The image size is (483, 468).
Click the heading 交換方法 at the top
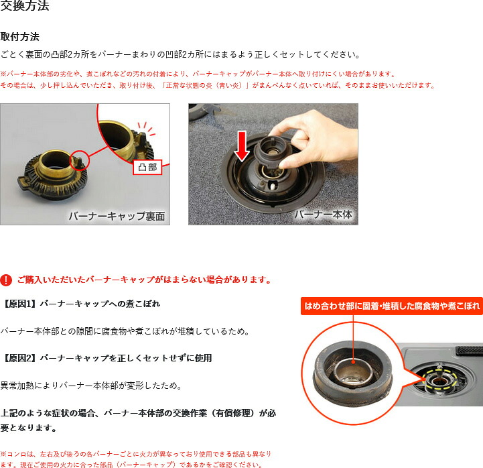pyautogui.click(x=25, y=5)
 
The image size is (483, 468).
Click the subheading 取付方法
pyautogui.click(x=19, y=37)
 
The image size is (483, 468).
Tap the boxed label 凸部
pyautogui.click(x=147, y=168)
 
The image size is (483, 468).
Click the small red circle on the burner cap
pyautogui.click(x=79, y=160)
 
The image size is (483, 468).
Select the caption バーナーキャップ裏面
pyautogui.click(x=117, y=216)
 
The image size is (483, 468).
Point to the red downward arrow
pyautogui.click(x=242, y=146)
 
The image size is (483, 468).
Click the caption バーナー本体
pyautogui.click(x=323, y=215)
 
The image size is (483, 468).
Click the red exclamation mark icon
pyautogui.click(x=6, y=280)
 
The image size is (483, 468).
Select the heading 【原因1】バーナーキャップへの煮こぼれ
pyautogui.click(x=80, y=304)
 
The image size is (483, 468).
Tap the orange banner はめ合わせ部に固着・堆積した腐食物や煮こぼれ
pyautogui.click(x=392, y=306)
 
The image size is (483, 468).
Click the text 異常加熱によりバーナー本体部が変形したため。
pyautogui.click(x=92, y=386)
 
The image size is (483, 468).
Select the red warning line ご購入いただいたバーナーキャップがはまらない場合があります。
pyautogui.click(x=145, y=280)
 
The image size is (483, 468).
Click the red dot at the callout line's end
pyautogui.click(x=353, y=362)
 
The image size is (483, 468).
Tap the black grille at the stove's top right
pyautogui.click(x=469, y=349)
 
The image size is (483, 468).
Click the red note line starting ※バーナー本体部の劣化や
pyautogui.click(x=198, y=74)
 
